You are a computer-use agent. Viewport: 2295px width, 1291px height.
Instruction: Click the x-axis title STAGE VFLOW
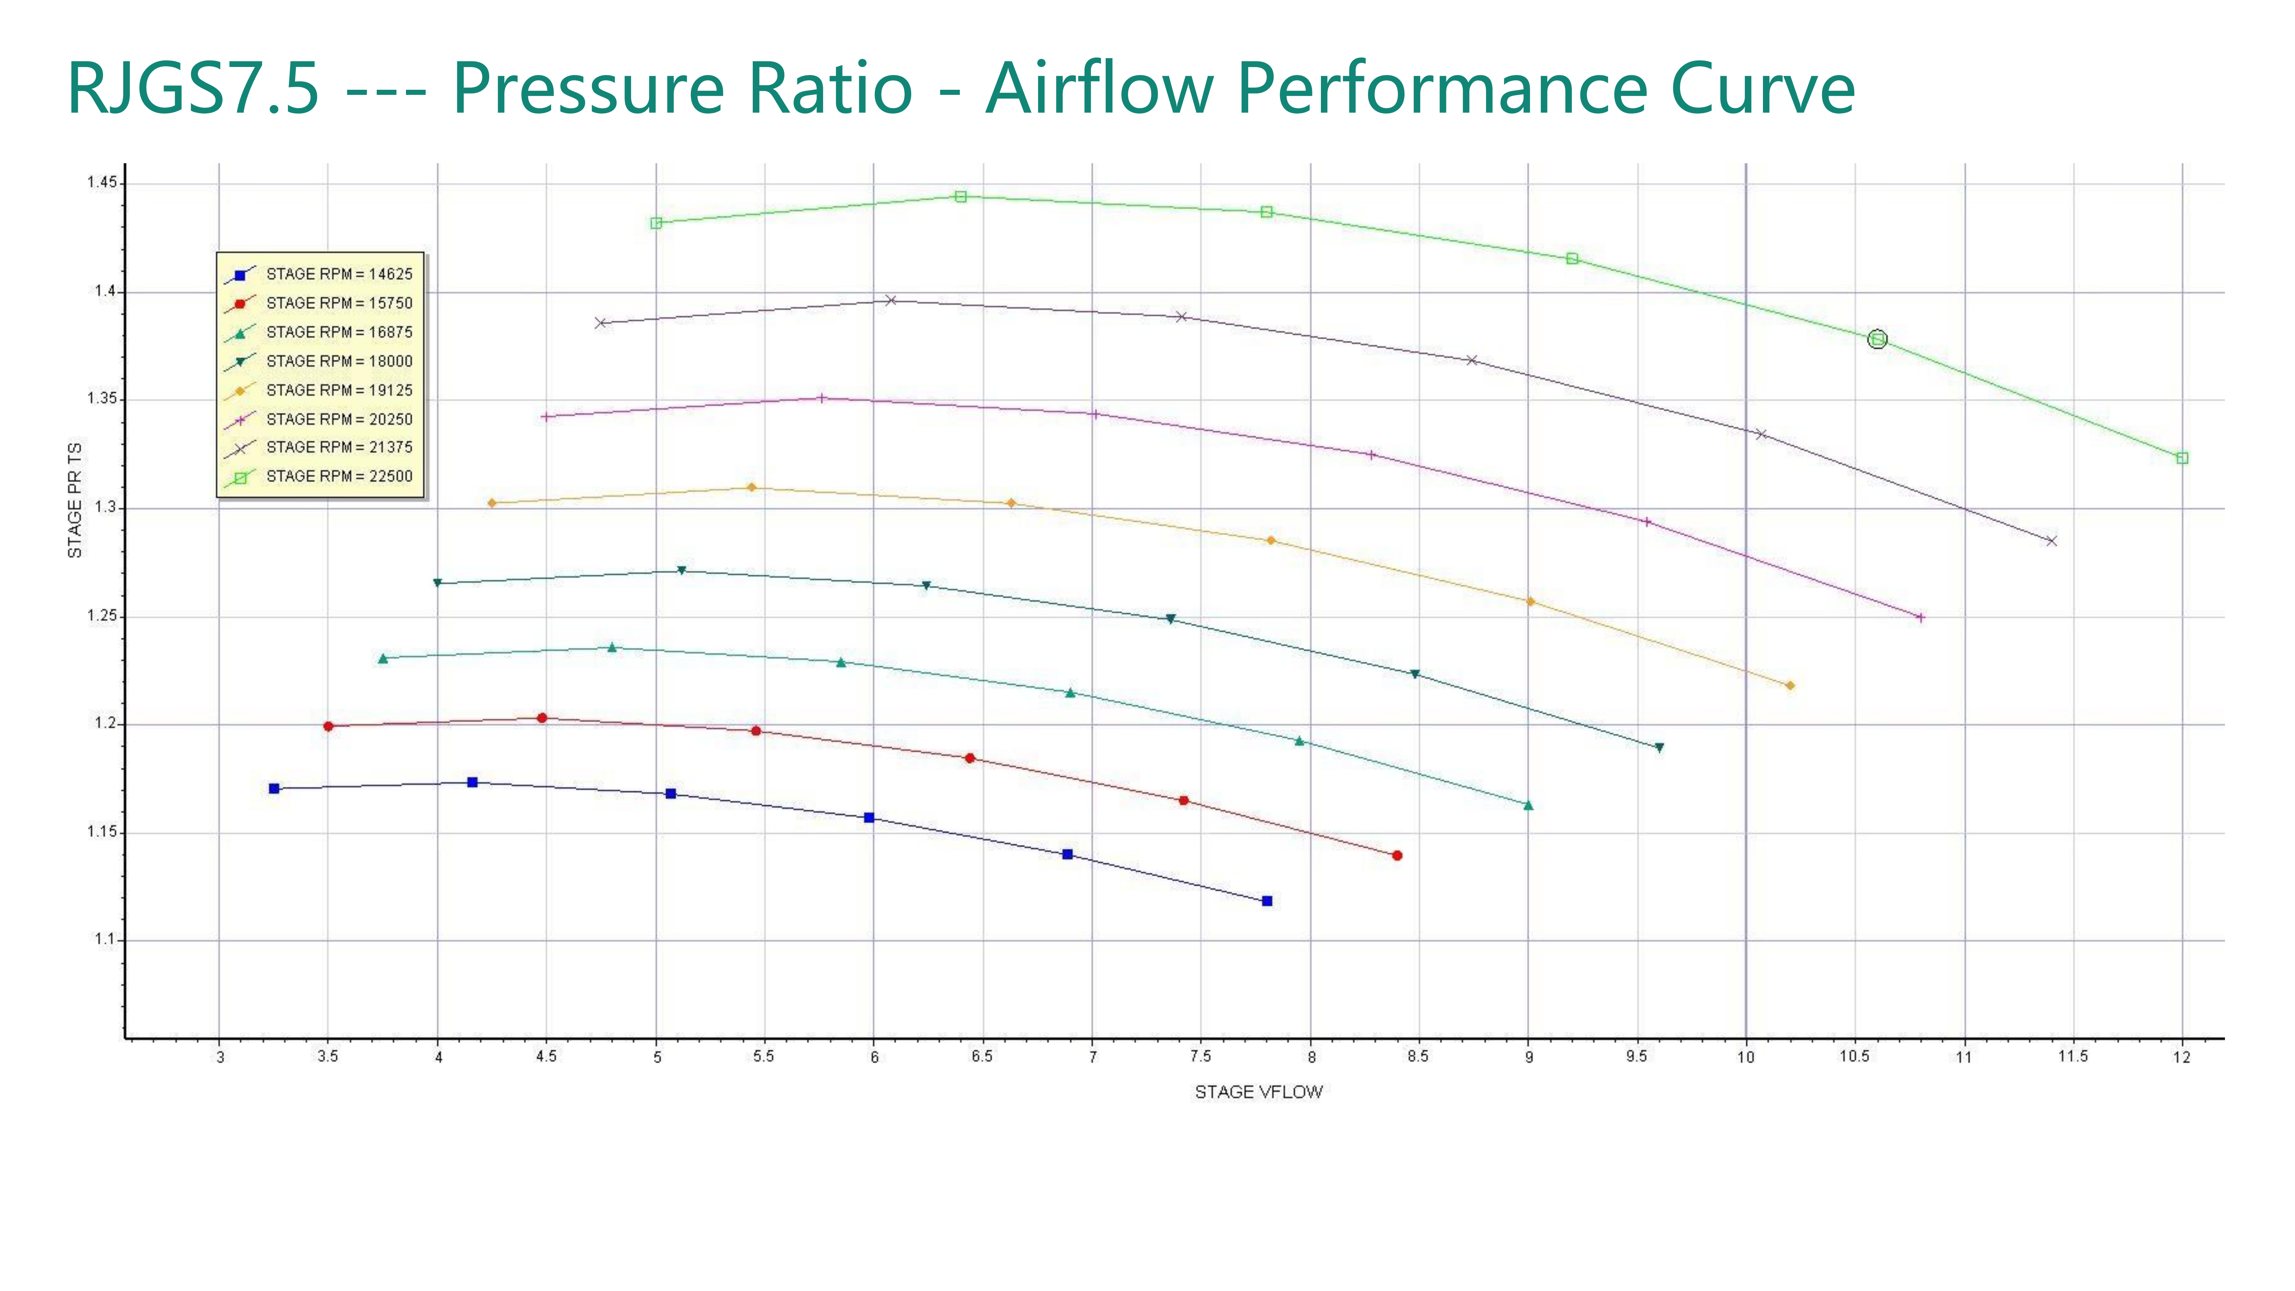point(1258,1092)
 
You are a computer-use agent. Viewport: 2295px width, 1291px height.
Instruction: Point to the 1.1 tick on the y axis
point(105,940)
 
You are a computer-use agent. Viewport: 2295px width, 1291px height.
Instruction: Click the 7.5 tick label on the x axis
point(1200,1057)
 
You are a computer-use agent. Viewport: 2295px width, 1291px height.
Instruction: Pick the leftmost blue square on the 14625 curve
point(274,788)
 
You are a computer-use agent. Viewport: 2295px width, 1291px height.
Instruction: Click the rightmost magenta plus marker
point(1920,617)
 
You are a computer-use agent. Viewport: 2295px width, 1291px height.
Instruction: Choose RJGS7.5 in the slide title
point(193,89)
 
